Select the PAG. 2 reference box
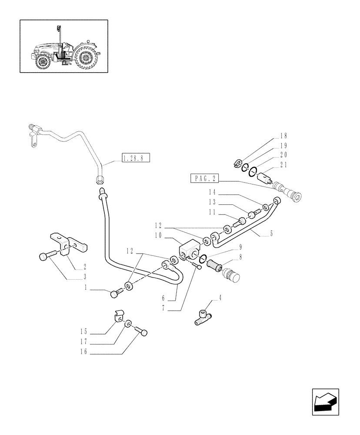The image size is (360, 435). [x=205, y=178]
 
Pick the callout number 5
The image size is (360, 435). [x=271, y=234]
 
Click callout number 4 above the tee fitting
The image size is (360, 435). [x=220, y=298]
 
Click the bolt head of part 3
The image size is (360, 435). [x=45, y=257]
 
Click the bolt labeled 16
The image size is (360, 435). [x=142, y=332]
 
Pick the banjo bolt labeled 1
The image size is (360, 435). [x=115, y=294]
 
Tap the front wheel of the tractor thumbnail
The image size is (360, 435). [x=43, y=62]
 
